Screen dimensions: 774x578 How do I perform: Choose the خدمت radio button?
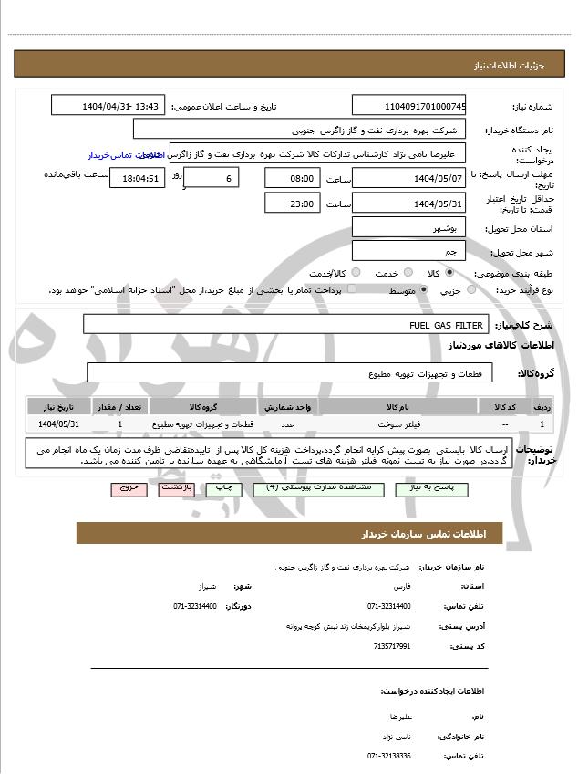[406, 273]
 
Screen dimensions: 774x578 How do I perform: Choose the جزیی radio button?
[471, 290]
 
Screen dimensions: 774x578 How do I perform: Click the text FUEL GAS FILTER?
[446, 325]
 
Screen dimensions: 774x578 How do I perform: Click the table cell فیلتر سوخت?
[398, 424]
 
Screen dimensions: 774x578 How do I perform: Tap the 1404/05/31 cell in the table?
[59, 424]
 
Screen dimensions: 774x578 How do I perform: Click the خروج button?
[128, 488]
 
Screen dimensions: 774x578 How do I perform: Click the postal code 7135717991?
[392, 646]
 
